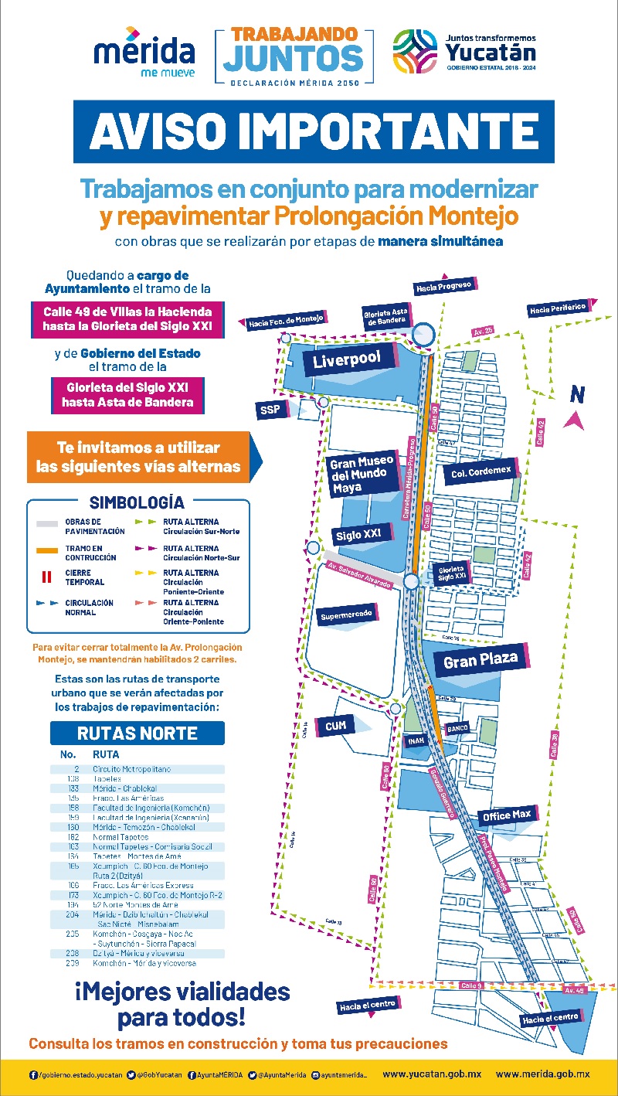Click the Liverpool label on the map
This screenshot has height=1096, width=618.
(x=348, y=360)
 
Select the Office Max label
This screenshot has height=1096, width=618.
(x=507, y=815)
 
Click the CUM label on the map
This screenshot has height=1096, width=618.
(x=336, y=726)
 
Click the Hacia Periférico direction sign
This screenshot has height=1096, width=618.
(x=558, y=309)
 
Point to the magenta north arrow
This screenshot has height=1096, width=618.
(x=573, y=420)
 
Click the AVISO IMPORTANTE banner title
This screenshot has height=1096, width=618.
(x=314, y=131)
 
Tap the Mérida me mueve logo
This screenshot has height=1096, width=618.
(x=144, y=54)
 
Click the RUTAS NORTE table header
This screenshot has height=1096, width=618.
(x=138, y=733)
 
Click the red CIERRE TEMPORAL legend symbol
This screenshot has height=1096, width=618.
(x=47, y=577)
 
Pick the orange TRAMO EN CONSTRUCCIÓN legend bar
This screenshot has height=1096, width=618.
(x=48, y=550)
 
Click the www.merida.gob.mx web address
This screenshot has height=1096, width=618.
(x=542, y=1074)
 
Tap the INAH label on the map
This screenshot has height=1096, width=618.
(x=415, y=740)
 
